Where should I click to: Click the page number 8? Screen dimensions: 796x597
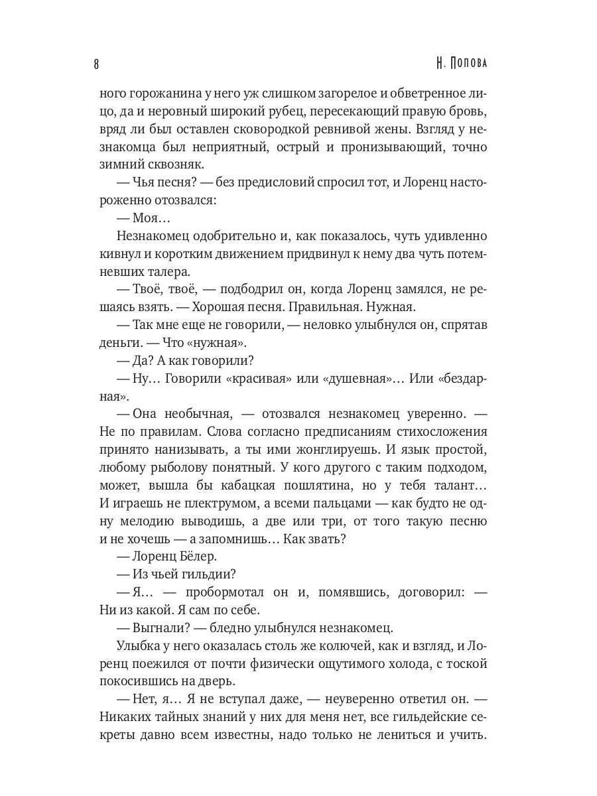tap(97, 64)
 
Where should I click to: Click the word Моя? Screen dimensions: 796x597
tap(139, 218)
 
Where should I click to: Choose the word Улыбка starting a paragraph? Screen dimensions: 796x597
tap(137, 645)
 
